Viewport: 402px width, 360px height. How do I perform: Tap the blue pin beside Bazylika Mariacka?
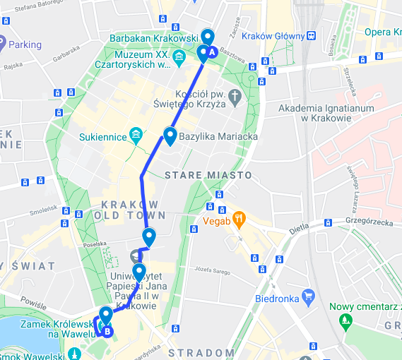[170, 135]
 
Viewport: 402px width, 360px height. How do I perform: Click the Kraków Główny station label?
[272, 36]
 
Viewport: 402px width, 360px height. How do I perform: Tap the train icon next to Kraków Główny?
[312, 36]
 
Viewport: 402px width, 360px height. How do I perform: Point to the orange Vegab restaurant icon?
[240, 220]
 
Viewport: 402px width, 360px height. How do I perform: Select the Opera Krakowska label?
[382, 32]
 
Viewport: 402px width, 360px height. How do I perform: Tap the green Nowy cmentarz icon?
[345, 322]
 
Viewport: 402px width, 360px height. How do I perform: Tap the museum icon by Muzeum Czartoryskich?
[179, 56]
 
